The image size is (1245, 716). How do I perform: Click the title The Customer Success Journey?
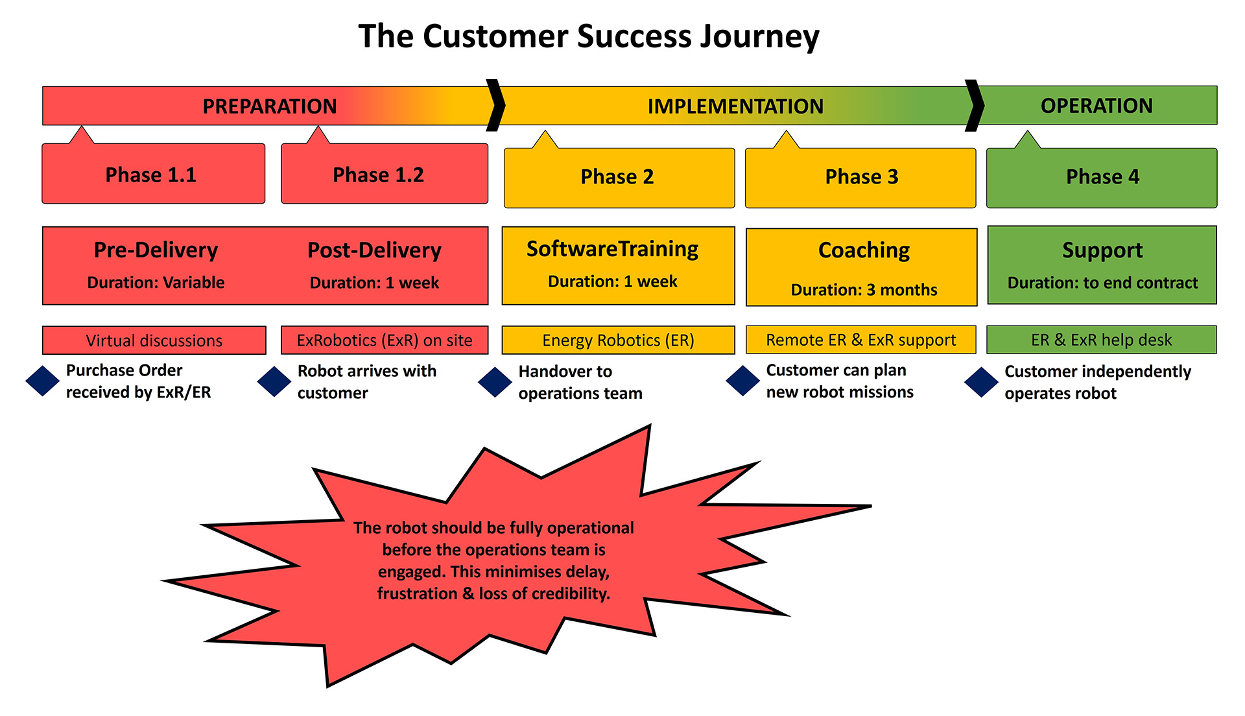pos(589,36)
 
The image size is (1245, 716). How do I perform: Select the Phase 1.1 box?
pos(153,174)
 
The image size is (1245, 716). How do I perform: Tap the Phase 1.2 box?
pos(384,174)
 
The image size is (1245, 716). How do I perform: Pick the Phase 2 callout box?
pos(619,177)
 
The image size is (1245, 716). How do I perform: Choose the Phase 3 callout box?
pos(860,177)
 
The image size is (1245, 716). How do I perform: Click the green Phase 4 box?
pos(1101,177)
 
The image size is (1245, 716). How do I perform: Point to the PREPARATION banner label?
pos(269,106)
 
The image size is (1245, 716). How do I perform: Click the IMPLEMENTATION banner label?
pos(735,106)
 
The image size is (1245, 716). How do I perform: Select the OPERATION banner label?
pos(1097,105)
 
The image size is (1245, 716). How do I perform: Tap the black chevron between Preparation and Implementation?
pos(496,105)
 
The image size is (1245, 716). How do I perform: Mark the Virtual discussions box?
pos(154,340)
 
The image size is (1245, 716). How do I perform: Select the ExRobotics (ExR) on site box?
pos(385,340)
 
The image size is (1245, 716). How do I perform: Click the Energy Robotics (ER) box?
pos(618,340)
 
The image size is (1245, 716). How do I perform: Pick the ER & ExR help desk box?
pos(1101,340)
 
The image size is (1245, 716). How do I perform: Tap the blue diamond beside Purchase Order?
pos(43,381)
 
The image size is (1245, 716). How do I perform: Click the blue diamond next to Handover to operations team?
pos(495,382)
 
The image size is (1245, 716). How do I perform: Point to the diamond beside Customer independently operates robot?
pos(981,382)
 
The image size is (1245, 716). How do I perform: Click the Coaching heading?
pos(864,250)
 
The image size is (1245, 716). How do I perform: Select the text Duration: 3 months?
pos(864,290)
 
